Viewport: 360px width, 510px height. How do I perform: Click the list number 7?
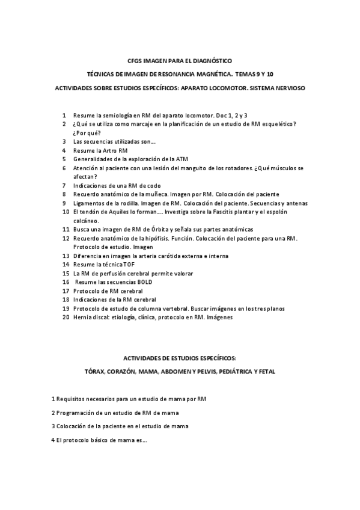tap(64, 186)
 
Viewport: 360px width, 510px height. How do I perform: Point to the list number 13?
tap(66, 256)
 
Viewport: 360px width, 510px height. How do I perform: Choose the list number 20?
tap(66, 317)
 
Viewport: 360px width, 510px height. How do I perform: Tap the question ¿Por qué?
tap(87, 132)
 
